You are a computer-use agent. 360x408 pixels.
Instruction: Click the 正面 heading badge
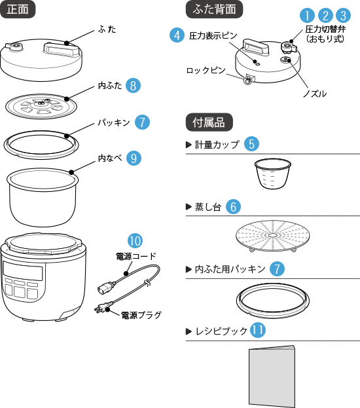click(x=18, y=9)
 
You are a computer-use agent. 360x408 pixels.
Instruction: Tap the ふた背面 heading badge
click(x=214, y=9)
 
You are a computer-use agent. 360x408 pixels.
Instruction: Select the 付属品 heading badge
click(x=209, y=122)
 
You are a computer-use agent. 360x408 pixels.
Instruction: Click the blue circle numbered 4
click(x=177, y=35)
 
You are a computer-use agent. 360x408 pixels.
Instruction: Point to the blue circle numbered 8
click(x=133, y=85)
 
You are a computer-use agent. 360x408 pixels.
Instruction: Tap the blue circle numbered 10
click(x=135, y=241)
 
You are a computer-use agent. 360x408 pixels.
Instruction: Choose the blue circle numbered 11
click(x=258, y=330)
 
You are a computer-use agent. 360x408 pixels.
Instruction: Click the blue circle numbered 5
click(x=251, y=143)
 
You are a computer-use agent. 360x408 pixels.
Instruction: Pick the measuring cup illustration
click(x=272, y=174)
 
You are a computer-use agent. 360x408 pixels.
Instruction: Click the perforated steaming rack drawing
click(x=273, y=236)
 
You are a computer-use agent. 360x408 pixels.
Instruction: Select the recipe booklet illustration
click(x=272, y=377)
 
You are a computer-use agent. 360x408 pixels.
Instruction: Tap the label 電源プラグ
click(x=141, y=315)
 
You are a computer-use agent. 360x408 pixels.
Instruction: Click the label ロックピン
click(x=206, y=70)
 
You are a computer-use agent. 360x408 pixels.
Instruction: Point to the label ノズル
click(x=315, y=94)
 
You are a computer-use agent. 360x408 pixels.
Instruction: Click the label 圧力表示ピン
click(x=213, y=35)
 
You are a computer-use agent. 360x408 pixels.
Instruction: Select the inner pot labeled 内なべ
click(x=43, y=197)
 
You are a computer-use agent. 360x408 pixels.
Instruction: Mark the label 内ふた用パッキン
click(x=230, y=269)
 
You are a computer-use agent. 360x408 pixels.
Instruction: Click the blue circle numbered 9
click(x=134, y=158)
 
